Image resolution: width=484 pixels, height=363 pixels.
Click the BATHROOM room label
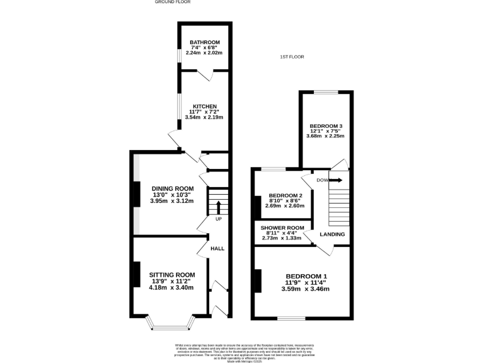point(205,42)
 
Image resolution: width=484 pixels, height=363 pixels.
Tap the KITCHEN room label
point(205,106)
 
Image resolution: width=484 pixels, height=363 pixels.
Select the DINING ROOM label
point(172,188)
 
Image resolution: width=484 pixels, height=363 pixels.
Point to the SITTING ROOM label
point(172,275)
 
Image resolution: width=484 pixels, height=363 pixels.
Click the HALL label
point(217,249)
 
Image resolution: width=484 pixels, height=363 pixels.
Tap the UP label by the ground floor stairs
point(219,219)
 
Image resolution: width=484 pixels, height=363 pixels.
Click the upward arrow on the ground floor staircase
point(218,207)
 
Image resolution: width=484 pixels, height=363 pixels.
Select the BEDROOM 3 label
point(326,124)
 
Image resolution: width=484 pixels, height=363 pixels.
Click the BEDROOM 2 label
point(285,195)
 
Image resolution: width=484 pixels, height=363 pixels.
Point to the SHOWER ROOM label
point(285,228)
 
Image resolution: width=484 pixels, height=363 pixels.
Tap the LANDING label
point(332,234)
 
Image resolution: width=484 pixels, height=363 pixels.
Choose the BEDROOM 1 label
point(306,276)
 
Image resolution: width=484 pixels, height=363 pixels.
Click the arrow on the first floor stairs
point(336,180)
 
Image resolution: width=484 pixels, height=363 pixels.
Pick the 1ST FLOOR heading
point(292,57)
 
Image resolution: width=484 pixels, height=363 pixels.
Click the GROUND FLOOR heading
point(173,3)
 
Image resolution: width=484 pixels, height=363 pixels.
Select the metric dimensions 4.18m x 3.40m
point(171,287)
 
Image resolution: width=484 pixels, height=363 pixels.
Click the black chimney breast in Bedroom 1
point(257,281)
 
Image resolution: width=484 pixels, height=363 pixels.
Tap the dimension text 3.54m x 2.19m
point(204,117)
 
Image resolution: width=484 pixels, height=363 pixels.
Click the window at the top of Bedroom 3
point(326,93)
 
